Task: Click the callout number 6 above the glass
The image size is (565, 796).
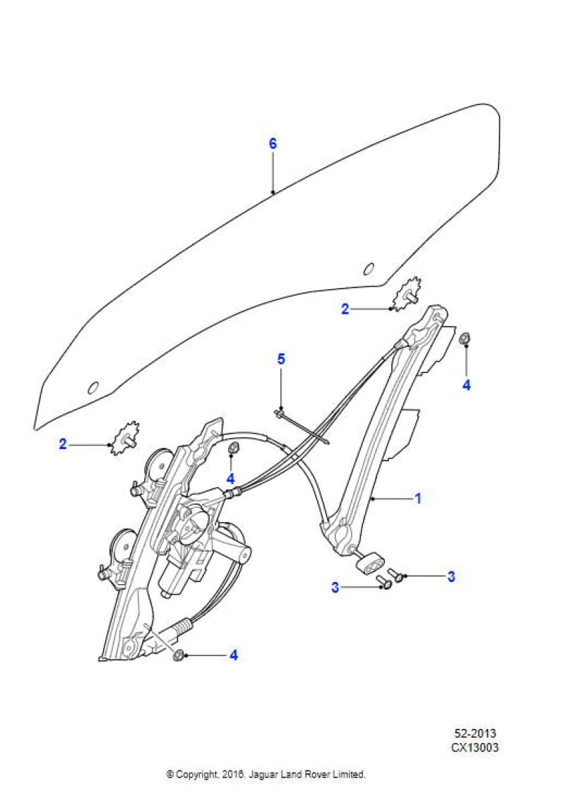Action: (273, 143)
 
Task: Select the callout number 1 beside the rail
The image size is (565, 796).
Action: (417, 499)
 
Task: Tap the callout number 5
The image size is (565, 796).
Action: (281, 359)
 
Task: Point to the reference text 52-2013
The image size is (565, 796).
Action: (477, 734)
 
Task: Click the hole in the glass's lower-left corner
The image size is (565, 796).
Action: (92, 388)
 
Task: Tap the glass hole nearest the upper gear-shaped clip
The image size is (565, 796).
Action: (367, 268)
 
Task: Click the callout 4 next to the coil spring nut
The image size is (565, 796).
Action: (233, 655)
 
